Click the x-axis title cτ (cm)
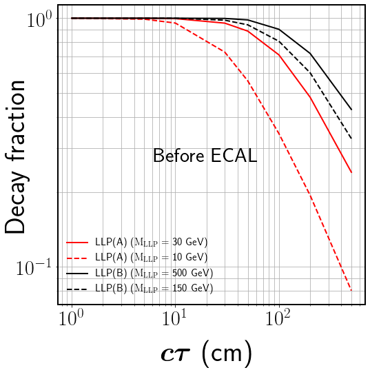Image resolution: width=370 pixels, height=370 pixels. [x=206, y=353]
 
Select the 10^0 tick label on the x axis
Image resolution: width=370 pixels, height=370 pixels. [x=71, y=319]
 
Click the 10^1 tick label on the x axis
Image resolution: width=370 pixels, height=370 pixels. [x=174, y=319]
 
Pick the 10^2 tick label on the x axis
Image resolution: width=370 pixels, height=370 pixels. [x=278, y=319]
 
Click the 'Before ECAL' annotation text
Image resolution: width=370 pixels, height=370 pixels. [x=205, y=156]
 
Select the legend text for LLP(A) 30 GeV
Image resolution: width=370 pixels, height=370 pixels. [x=151, y=243]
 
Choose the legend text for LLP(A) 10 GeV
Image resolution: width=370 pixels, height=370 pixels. [x=151, y=258]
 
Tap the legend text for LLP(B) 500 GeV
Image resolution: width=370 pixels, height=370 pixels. [x=153, y=274]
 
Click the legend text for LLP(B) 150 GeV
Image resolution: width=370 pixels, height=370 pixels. [x=153, y=289]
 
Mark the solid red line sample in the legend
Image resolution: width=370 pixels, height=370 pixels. [x=77, y=243]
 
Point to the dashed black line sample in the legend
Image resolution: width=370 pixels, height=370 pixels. [x=77, y=289]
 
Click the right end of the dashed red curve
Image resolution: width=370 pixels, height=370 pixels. [x=351, y=290]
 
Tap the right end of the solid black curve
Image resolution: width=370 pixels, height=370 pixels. [x=351, y=110]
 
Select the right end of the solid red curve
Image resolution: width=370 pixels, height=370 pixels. [x=351, y=172]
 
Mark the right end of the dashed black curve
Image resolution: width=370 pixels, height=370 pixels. [x=351, y=138]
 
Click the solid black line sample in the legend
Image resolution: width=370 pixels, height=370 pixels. [x=77, y=274]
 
